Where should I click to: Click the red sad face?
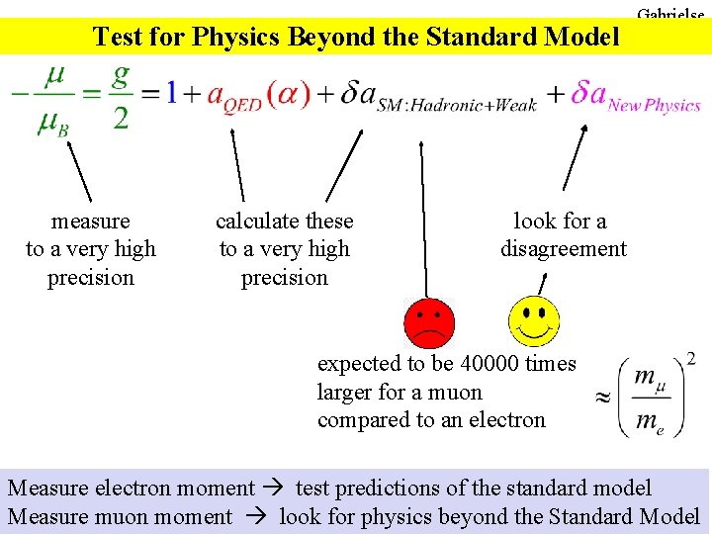(x=430, y=322)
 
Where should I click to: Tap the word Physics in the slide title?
(x=236, y=37)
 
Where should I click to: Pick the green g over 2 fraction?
(x=122, y=97)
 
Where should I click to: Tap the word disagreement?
(x=563, y=249)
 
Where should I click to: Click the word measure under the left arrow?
(x=91, y=222)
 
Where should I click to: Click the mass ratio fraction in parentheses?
(x=650, y=398)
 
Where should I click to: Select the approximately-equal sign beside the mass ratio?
(x=600, y=399)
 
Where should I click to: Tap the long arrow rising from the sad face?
(x=424, y=218)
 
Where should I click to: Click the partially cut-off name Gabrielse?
(x=671, y=14)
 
